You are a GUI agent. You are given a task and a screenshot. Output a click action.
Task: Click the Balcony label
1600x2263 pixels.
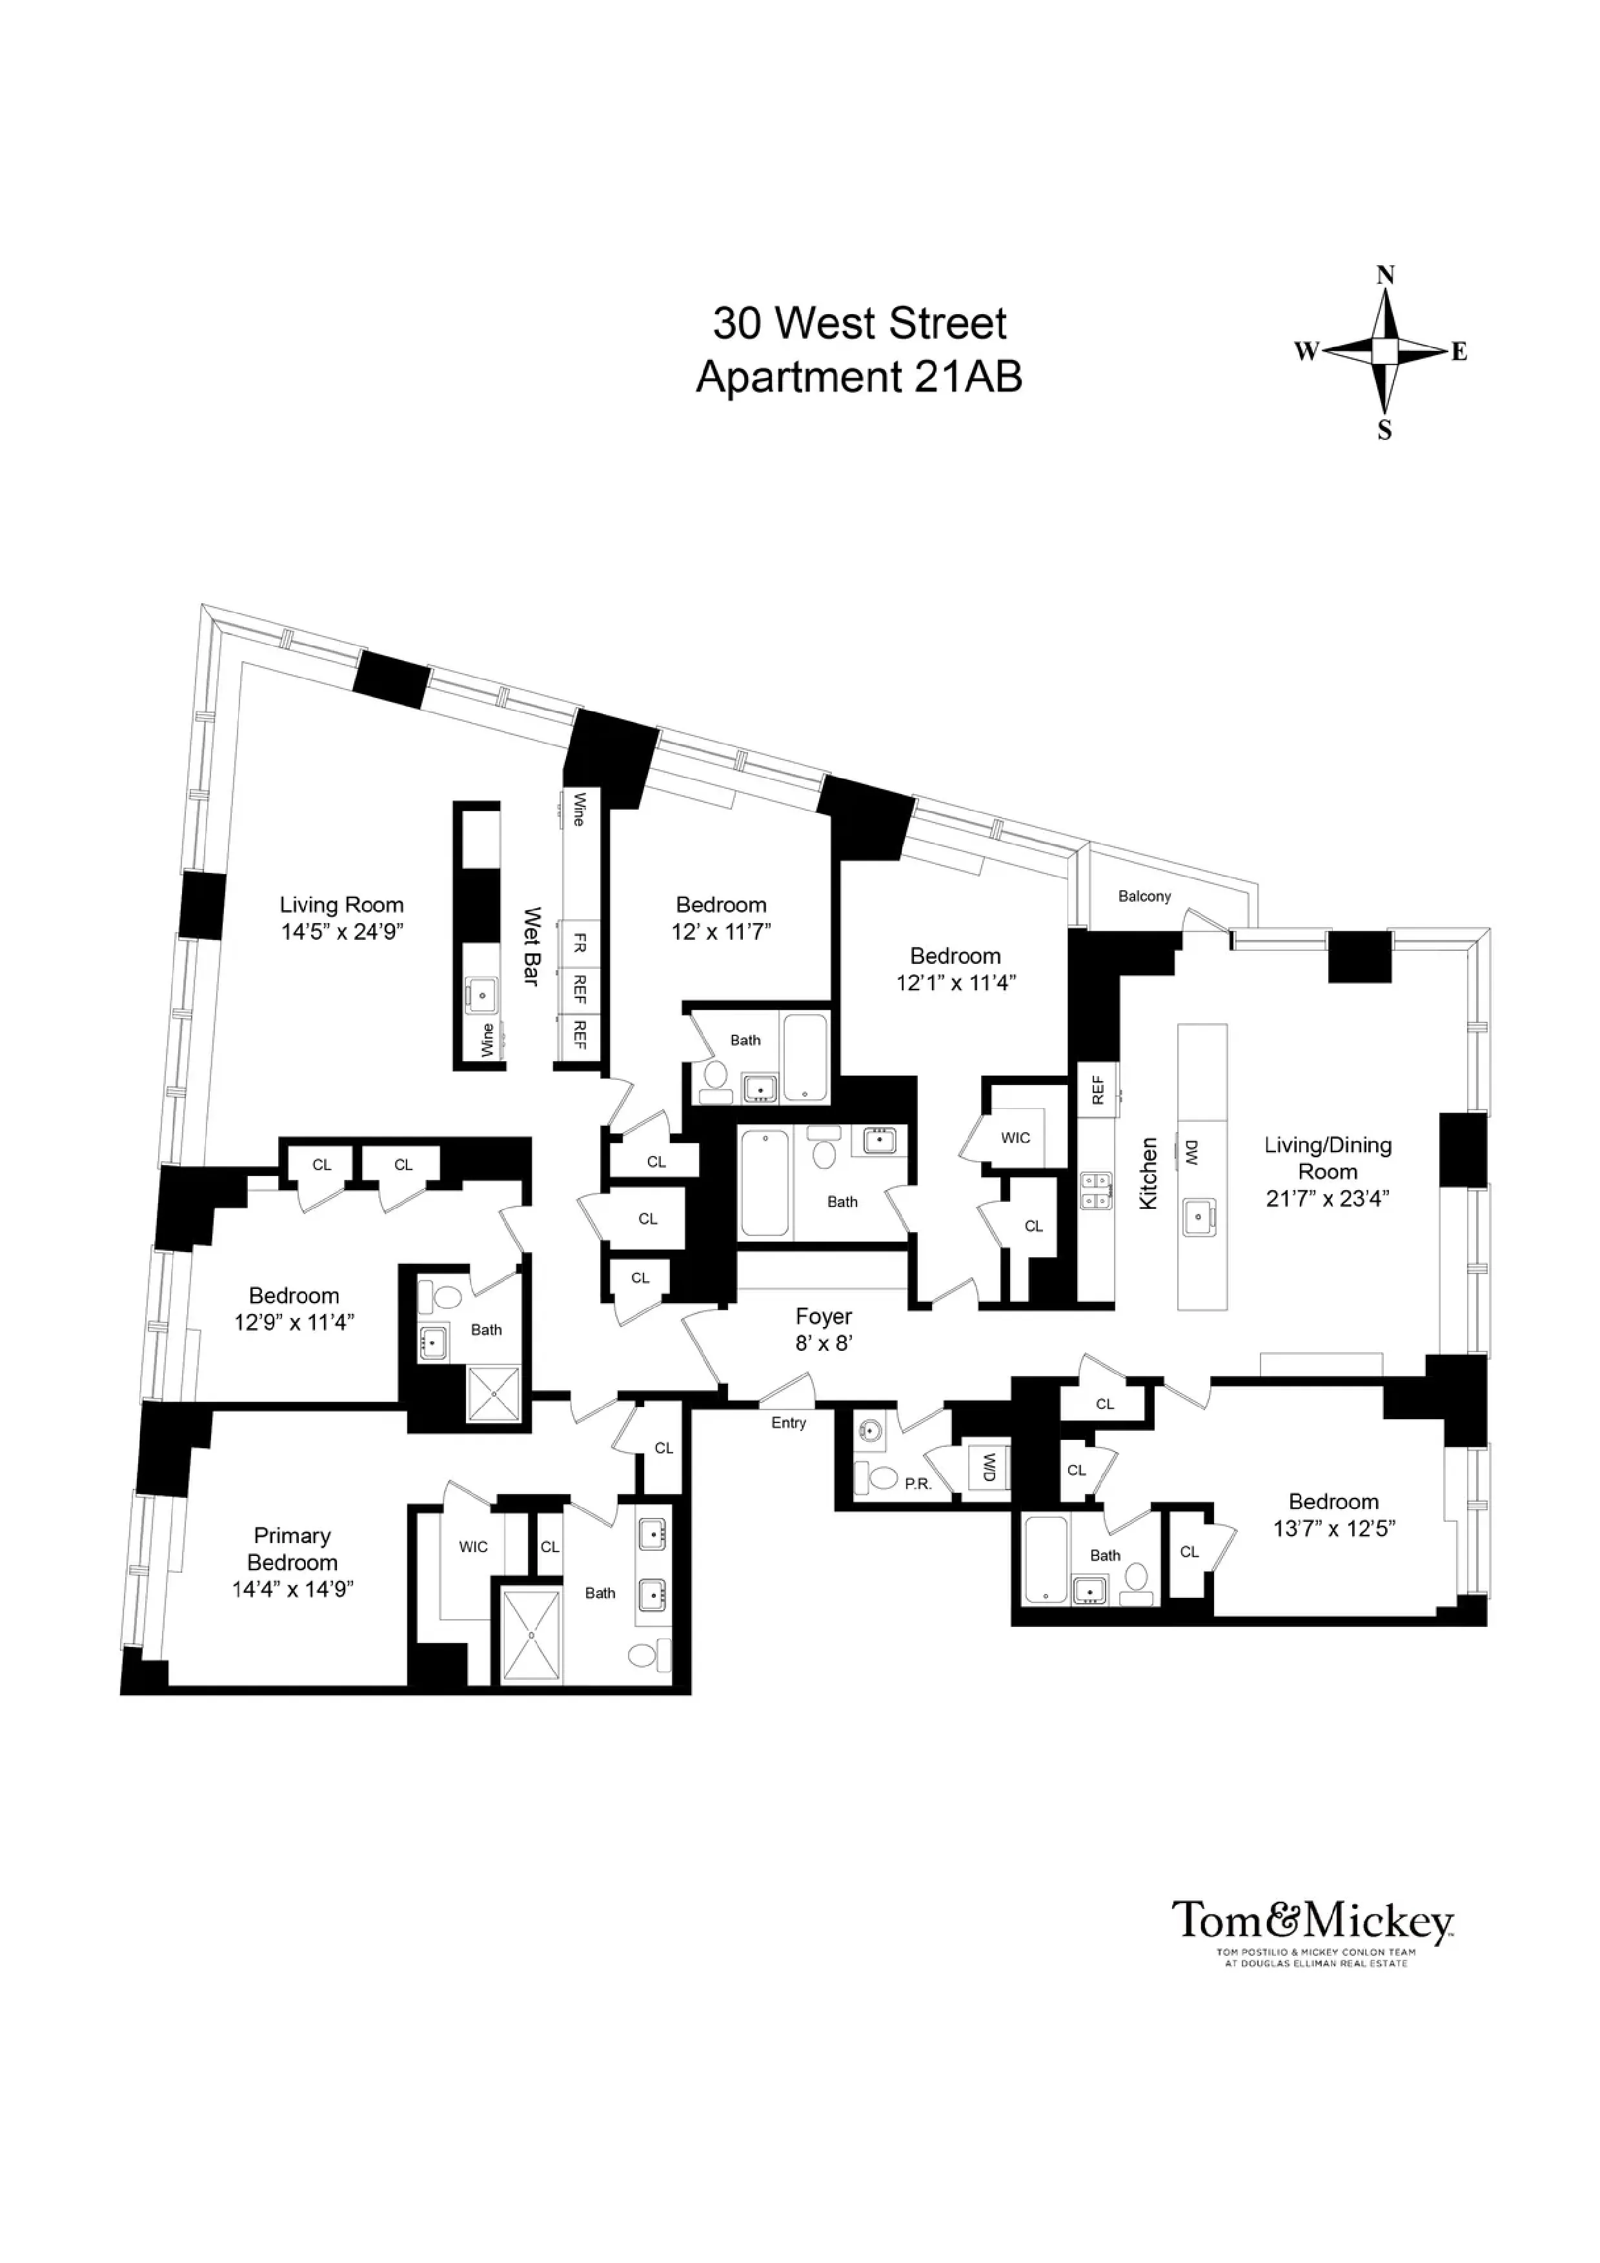pyautogui.click(x=1144, y=896)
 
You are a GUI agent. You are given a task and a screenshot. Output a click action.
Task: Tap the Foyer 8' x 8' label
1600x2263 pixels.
pyautogui.click(x=823, y=1330)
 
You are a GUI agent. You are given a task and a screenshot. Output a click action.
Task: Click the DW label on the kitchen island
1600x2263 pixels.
pyautogui.click(x=1190, y=1153)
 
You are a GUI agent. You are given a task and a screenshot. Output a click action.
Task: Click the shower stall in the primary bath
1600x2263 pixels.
pyautogui.click(x=531, y=1634)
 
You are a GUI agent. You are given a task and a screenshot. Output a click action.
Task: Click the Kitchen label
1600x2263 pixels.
pyautogui.click(x=1148, y=1173)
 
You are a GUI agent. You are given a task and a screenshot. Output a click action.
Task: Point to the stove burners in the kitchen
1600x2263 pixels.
pyautogui.click(x=1096, y=1191)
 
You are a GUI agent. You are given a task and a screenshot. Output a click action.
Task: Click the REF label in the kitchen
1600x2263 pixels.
pyautogui.click(x=1097, y=1089)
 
